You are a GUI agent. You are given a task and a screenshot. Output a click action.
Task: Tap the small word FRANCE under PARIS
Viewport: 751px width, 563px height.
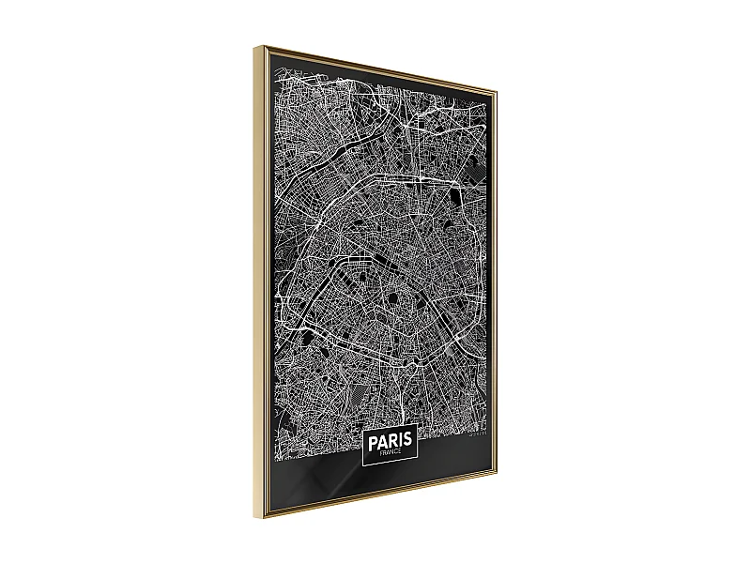click(389, 452)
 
